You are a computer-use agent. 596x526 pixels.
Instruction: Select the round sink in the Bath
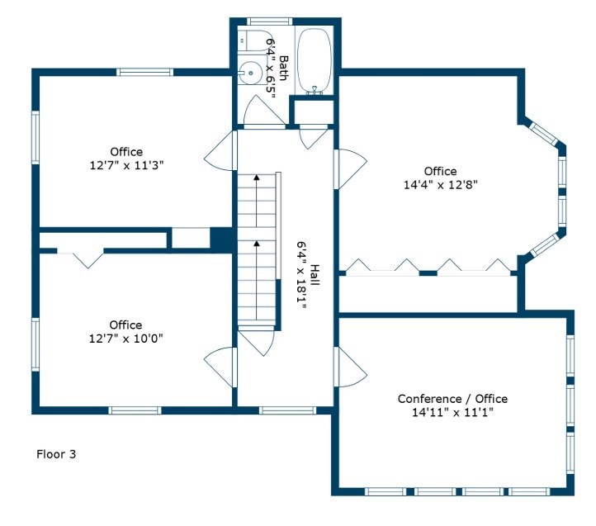coord(249,73)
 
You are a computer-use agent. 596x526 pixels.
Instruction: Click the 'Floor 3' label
coord(56,453)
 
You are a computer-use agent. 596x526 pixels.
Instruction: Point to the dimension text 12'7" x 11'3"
coord(126,165)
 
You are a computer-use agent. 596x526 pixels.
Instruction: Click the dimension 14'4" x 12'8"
coord(441,185)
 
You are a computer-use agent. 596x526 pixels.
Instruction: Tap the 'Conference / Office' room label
coord(452,399)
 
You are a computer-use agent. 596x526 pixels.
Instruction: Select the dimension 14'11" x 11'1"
coord(452,412)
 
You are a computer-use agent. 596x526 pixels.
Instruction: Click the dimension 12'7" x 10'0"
coord(125,338)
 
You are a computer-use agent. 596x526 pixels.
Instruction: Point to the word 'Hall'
coord(315,275)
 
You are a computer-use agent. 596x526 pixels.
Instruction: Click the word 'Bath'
coord(284,68)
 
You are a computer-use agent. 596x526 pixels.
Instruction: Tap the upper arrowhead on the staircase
coord(257,177)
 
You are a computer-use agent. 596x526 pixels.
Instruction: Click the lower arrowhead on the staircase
coord(257,243)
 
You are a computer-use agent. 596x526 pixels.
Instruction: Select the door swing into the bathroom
coord(263,111)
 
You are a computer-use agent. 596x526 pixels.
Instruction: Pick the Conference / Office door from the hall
coord(350,367)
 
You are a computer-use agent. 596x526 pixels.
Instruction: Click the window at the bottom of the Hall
coord(287,410)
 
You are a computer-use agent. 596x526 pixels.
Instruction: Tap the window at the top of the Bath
coord(269,21)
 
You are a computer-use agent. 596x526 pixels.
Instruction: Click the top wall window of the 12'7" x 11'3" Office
coord(144,73)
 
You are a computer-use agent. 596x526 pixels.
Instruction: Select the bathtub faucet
coord(315,91)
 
